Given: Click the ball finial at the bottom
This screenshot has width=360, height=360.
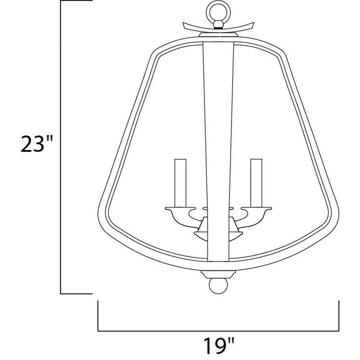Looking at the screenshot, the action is click(x=218, y=286).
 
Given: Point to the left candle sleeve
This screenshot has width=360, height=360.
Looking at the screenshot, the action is click(x=180, y=183).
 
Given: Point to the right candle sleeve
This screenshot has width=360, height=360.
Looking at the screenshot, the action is click(x=256, y=183).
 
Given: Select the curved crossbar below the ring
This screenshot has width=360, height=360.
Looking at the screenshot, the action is click(x=219, y=27).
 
